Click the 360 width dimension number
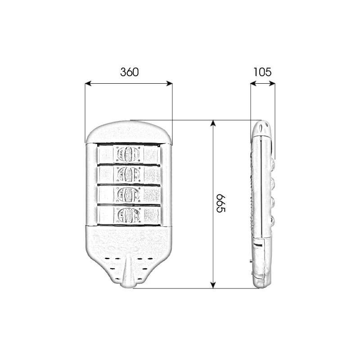(x=130, y=72)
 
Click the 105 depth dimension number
(x=262, y=72)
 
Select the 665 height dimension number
(x=221, y=203)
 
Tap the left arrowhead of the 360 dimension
(x=88, y=84)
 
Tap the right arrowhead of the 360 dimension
(x=169, y=84)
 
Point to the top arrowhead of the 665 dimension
(x=213, y=123)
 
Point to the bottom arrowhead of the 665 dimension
(x=213, y=285)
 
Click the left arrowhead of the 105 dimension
(x=253, y=84)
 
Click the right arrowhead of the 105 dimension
(x=272, y=84)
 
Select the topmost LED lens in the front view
(x=128, y=153)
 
